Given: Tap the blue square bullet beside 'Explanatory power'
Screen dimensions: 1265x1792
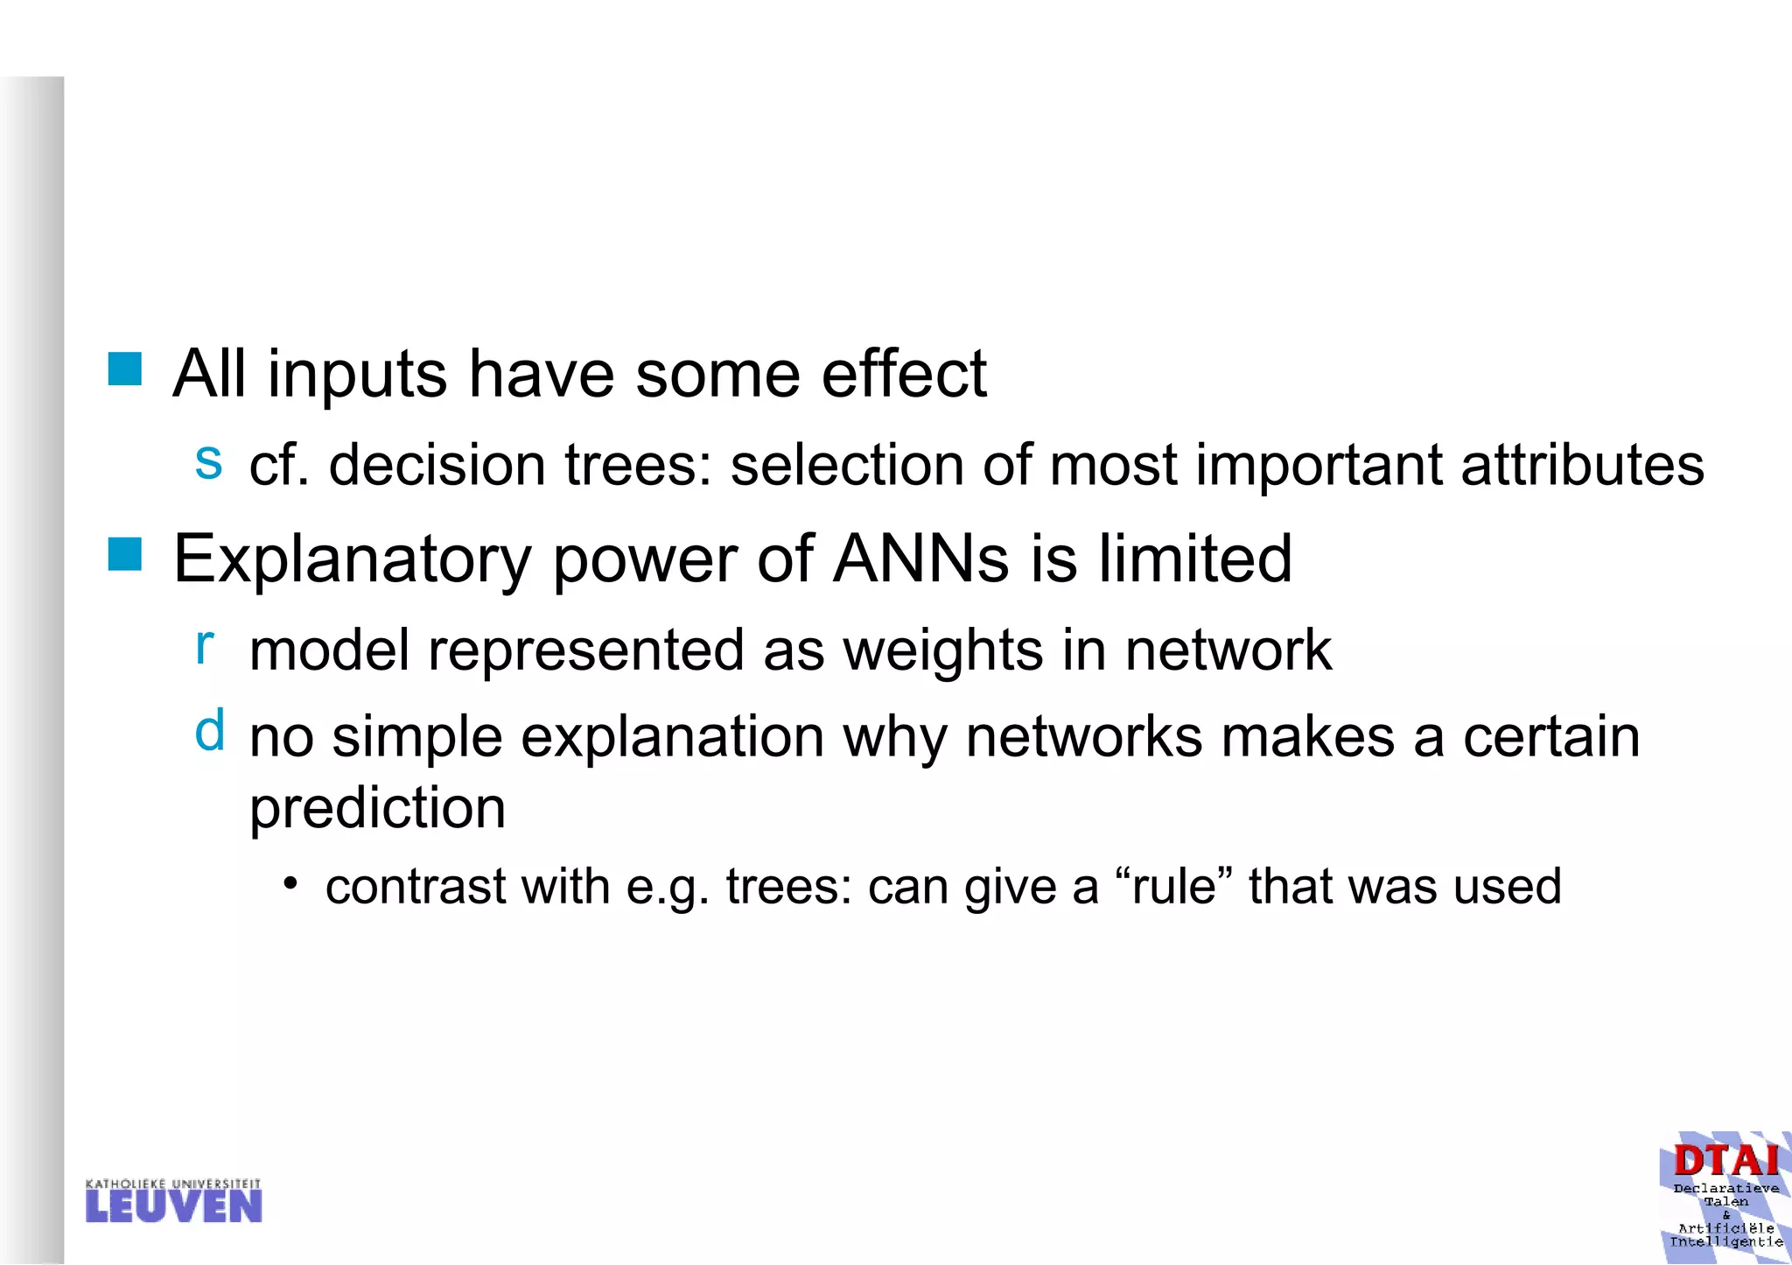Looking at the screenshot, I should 125,554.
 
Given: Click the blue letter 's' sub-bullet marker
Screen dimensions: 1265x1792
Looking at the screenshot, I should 208,460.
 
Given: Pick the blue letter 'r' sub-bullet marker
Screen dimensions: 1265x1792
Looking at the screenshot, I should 205,646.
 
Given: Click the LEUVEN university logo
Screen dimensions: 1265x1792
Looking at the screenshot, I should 174,1201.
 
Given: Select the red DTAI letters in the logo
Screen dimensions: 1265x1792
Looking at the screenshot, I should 1725,1161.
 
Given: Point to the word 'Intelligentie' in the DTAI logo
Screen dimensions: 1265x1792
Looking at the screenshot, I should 1725,1241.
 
